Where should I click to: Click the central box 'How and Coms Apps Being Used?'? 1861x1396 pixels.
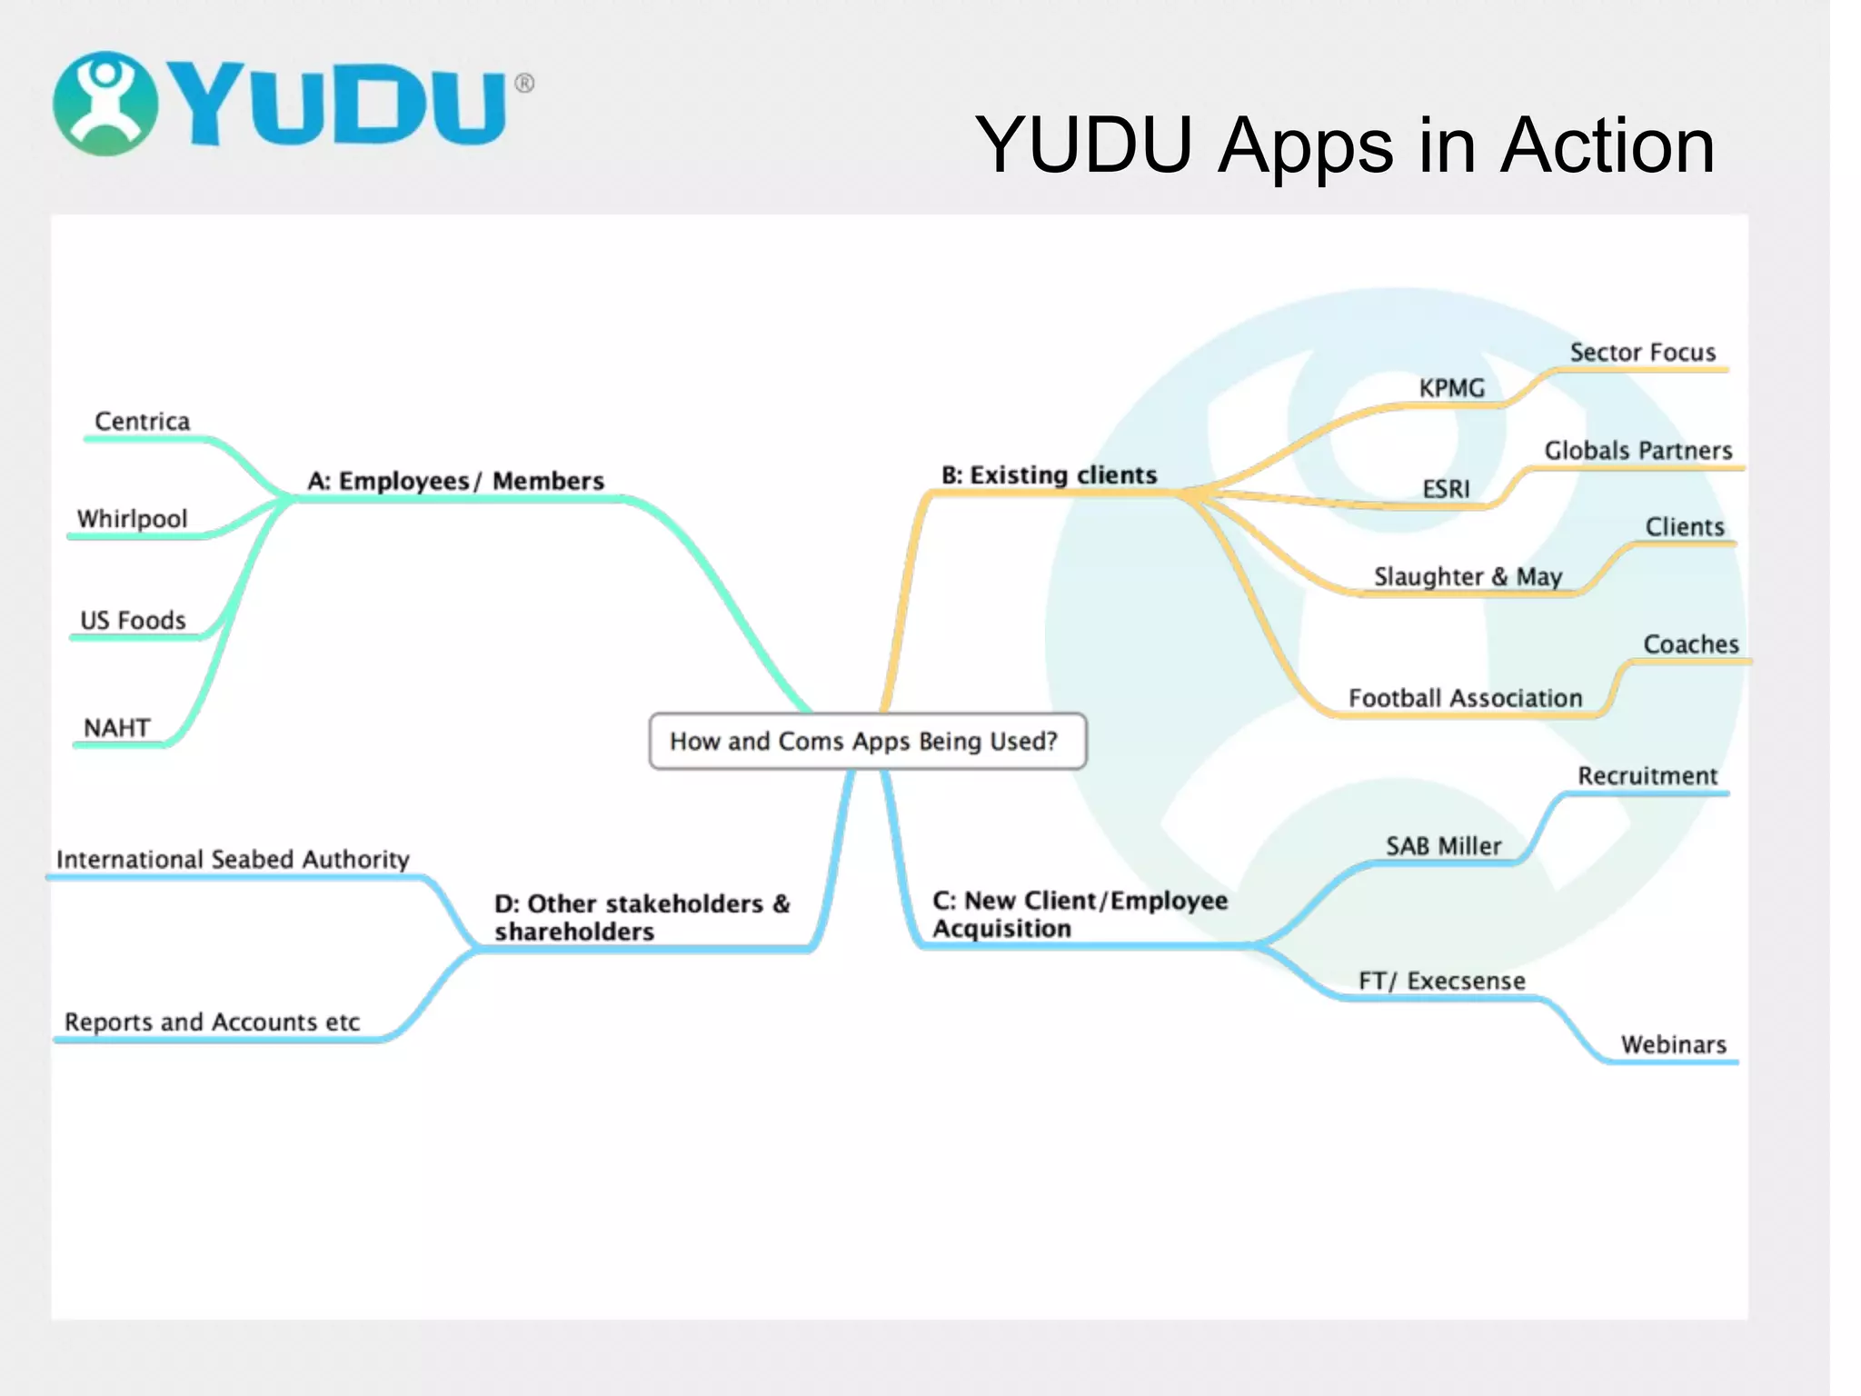(x=867, y=742)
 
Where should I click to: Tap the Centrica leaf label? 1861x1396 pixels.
(x=143, y=422)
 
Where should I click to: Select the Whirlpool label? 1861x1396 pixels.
(x=133, y=519)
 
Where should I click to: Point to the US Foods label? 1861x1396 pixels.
(x=133, y=621)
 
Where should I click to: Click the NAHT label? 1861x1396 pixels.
(x=116, y=728)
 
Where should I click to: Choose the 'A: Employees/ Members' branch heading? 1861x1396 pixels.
(x=455, y=481)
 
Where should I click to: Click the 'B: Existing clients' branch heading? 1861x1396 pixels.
(x=1049, y=475)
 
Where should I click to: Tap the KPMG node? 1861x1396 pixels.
(x=1451, y=388)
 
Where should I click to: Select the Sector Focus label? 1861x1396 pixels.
(x=1642, y=353)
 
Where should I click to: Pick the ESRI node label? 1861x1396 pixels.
(x=1445, y=489)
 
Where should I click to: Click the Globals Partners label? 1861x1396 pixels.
(x=1637, y=451)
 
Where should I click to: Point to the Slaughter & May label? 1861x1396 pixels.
(x=1467, y=577)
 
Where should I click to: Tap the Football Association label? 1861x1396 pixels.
(x=1465, y=698)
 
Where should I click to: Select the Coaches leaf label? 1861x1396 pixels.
(x=1690, y=644)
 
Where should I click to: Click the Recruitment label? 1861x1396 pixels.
(x=1647, y=776)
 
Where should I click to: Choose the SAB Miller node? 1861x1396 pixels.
(x=1443, y=846)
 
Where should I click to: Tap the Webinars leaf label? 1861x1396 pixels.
(x=1673, y=1044)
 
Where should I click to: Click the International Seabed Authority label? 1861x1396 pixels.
(x=233, y=860)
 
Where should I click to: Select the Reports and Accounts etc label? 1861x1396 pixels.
(x=212, y=1022)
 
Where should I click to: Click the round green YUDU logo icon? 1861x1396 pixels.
(x=105, y=104)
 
